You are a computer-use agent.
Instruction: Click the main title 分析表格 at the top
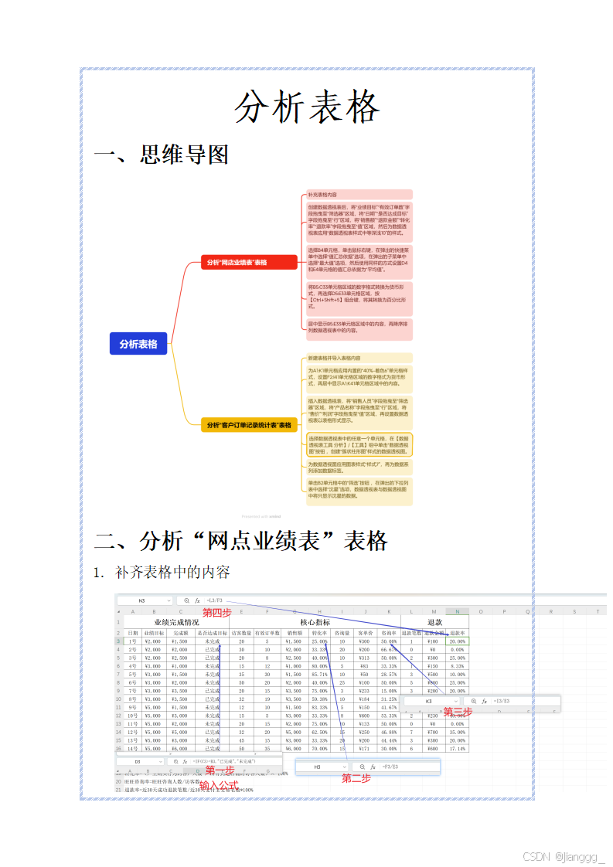pyautogui.click(x=307, y=107)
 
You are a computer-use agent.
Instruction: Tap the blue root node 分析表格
pyautogui.click(x=138, y=344)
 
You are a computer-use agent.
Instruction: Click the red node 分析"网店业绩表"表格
pyautogui.click(x=248, y=263)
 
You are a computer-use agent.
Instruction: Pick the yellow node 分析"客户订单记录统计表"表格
pyautogui.click(x=248, y=425)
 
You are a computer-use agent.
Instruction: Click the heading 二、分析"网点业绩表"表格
pyautogui.click(x=240, y=540)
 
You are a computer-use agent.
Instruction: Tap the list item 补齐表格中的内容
pyautogui.click(x=172, y=573)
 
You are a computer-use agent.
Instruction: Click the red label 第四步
pyautogui.click(x=216, y=613)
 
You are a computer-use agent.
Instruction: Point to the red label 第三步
pyautogui.click(x=458, y=711)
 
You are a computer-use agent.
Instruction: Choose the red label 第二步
pyautogui.click(x=357, y=778)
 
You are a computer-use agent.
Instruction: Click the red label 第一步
pyautogui.click(x=219, y=770)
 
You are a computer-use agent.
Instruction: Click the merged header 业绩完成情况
pyautogui.click(x=176, y=622)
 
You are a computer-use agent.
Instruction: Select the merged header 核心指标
pyautogui.click(x=315, y=622)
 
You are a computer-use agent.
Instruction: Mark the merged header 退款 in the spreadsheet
pyautogui.click(x=434, y=622)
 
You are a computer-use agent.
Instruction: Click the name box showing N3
pyautogui.click(x=143, y=600)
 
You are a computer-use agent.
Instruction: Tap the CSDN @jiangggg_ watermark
pyautogui.click(x=564, y=856)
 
